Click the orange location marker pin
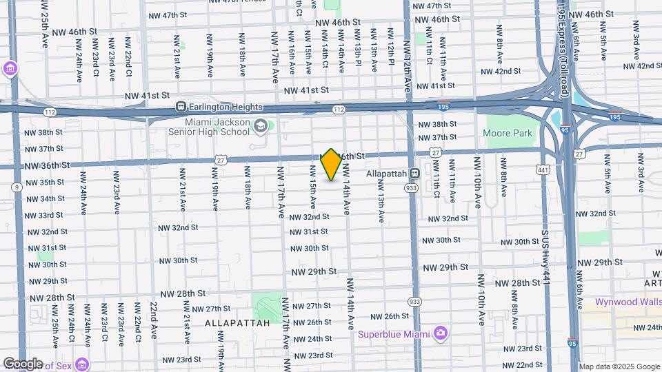(x=331, y=164)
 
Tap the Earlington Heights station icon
(x=181, y=107)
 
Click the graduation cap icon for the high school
(x=261, y=125)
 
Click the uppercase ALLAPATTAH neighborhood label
(x=232, y=322)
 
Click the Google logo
(x=23, y=363)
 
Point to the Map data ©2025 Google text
(x=619, y=366)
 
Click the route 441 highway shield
(x=544, y=169)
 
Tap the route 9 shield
(x=15, y=186)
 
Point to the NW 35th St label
(x=44, y=183)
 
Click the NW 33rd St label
(x=44, y=216)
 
